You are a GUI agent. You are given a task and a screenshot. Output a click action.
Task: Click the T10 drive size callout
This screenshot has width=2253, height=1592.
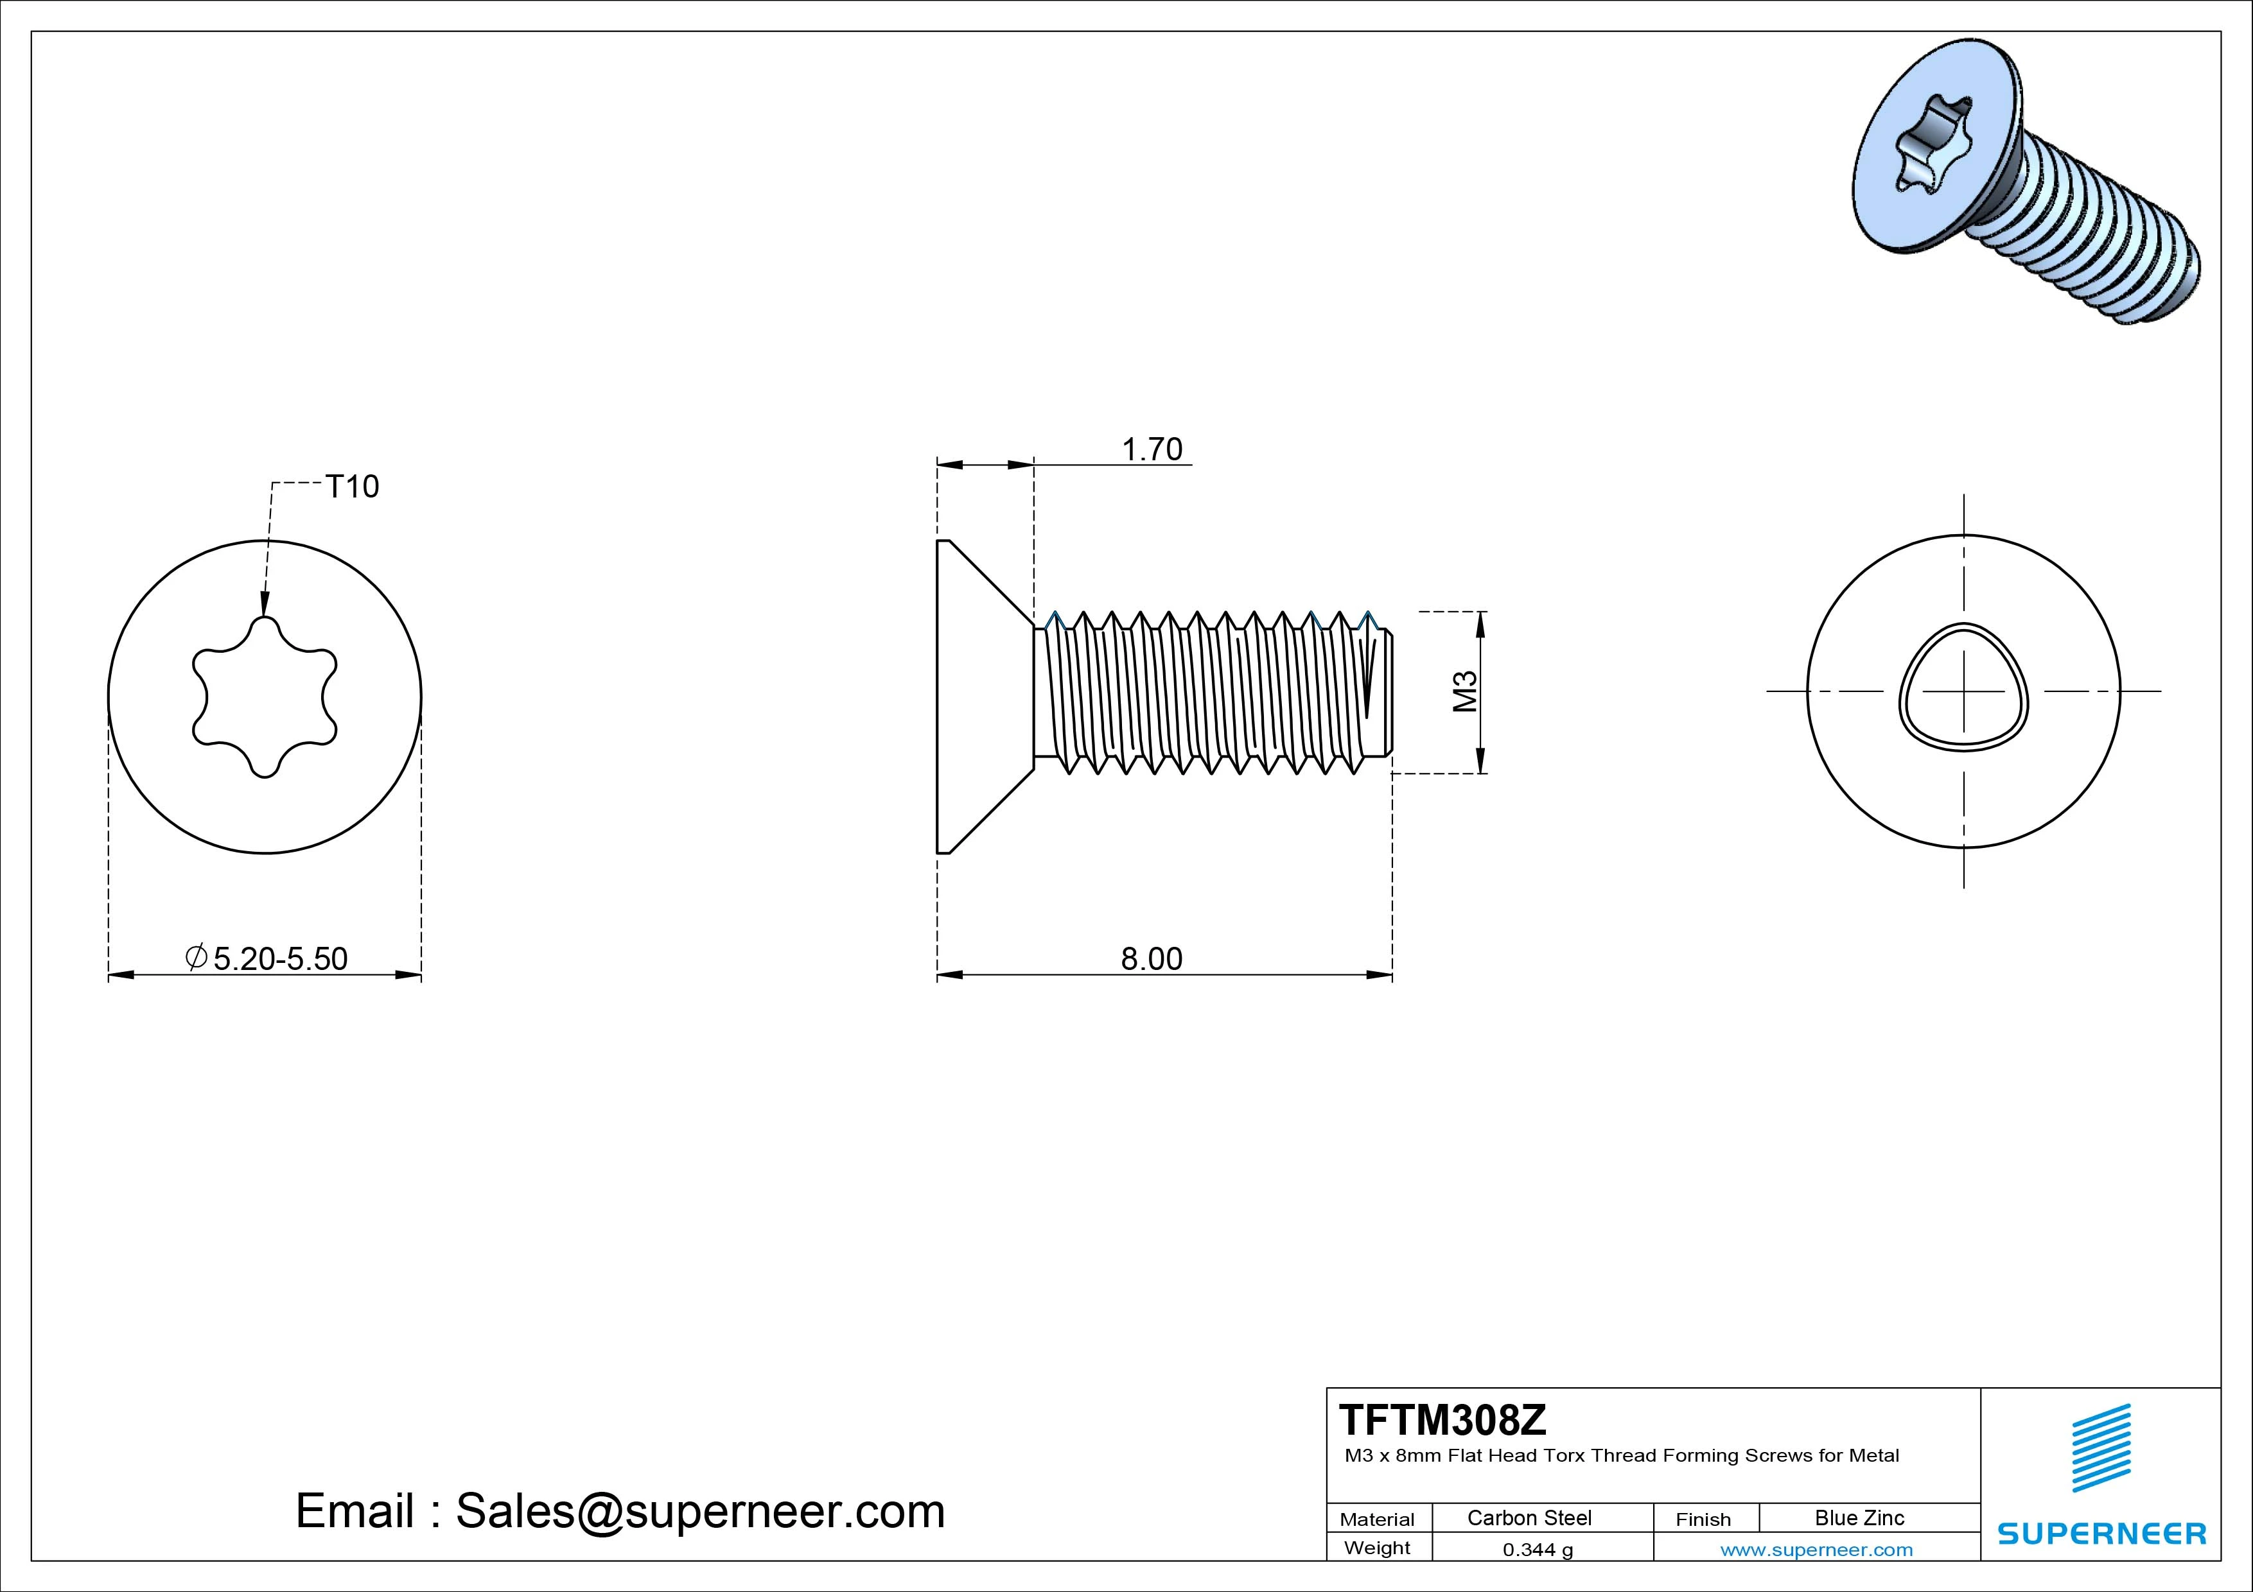tap(351, 487)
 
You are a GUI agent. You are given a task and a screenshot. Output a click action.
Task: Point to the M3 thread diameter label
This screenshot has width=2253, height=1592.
tap(1465, 691)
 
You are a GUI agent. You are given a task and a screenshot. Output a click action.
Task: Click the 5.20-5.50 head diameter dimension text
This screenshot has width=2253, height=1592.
tap(279, 958)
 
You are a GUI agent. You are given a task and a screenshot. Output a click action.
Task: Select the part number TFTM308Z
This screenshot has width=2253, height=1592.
tap(1442, 1419)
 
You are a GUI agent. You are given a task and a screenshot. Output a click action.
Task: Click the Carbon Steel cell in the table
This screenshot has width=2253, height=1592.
tap(1529, 1518)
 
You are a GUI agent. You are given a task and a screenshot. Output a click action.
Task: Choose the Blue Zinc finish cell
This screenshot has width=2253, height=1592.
tap(1859, 1518)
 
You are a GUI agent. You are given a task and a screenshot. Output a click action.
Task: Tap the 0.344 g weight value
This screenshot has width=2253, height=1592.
tap(1538, 1550)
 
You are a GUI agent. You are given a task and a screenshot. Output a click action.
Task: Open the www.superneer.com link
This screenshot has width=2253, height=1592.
tap(1816, 1550)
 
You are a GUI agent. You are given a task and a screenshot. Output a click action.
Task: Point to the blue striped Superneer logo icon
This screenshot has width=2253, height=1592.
tap(2101, 1448)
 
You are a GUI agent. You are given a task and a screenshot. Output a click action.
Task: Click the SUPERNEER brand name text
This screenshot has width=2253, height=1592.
tap(2101, 1533)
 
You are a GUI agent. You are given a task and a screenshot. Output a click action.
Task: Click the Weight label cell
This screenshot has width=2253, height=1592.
tap(1377, 1548)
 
